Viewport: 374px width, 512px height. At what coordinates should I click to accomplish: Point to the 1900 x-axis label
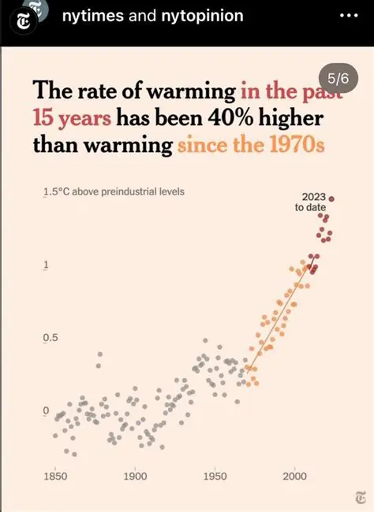click(x=135, y=476)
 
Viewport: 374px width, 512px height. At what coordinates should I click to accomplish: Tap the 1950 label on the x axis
click(x=215, y=476)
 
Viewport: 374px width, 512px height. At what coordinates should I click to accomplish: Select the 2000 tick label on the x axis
click(x=294, y=476)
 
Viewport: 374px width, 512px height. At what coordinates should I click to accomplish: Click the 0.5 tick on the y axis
click(x=49, y=338)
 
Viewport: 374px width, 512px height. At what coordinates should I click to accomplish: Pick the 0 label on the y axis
click(x=46, y=410)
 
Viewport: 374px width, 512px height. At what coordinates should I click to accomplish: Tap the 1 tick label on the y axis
click(x=46, y=265)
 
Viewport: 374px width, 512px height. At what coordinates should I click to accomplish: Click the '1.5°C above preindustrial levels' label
click(x=114, y=191)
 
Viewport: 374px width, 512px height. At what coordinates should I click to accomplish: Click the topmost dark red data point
click(x=332, y=198)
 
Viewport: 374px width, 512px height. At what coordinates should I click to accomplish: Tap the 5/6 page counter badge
click(x=338, y=79)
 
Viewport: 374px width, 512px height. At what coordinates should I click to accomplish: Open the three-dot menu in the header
click(x=348, y=17)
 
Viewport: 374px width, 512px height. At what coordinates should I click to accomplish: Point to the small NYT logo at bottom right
click(x=360, y=497)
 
